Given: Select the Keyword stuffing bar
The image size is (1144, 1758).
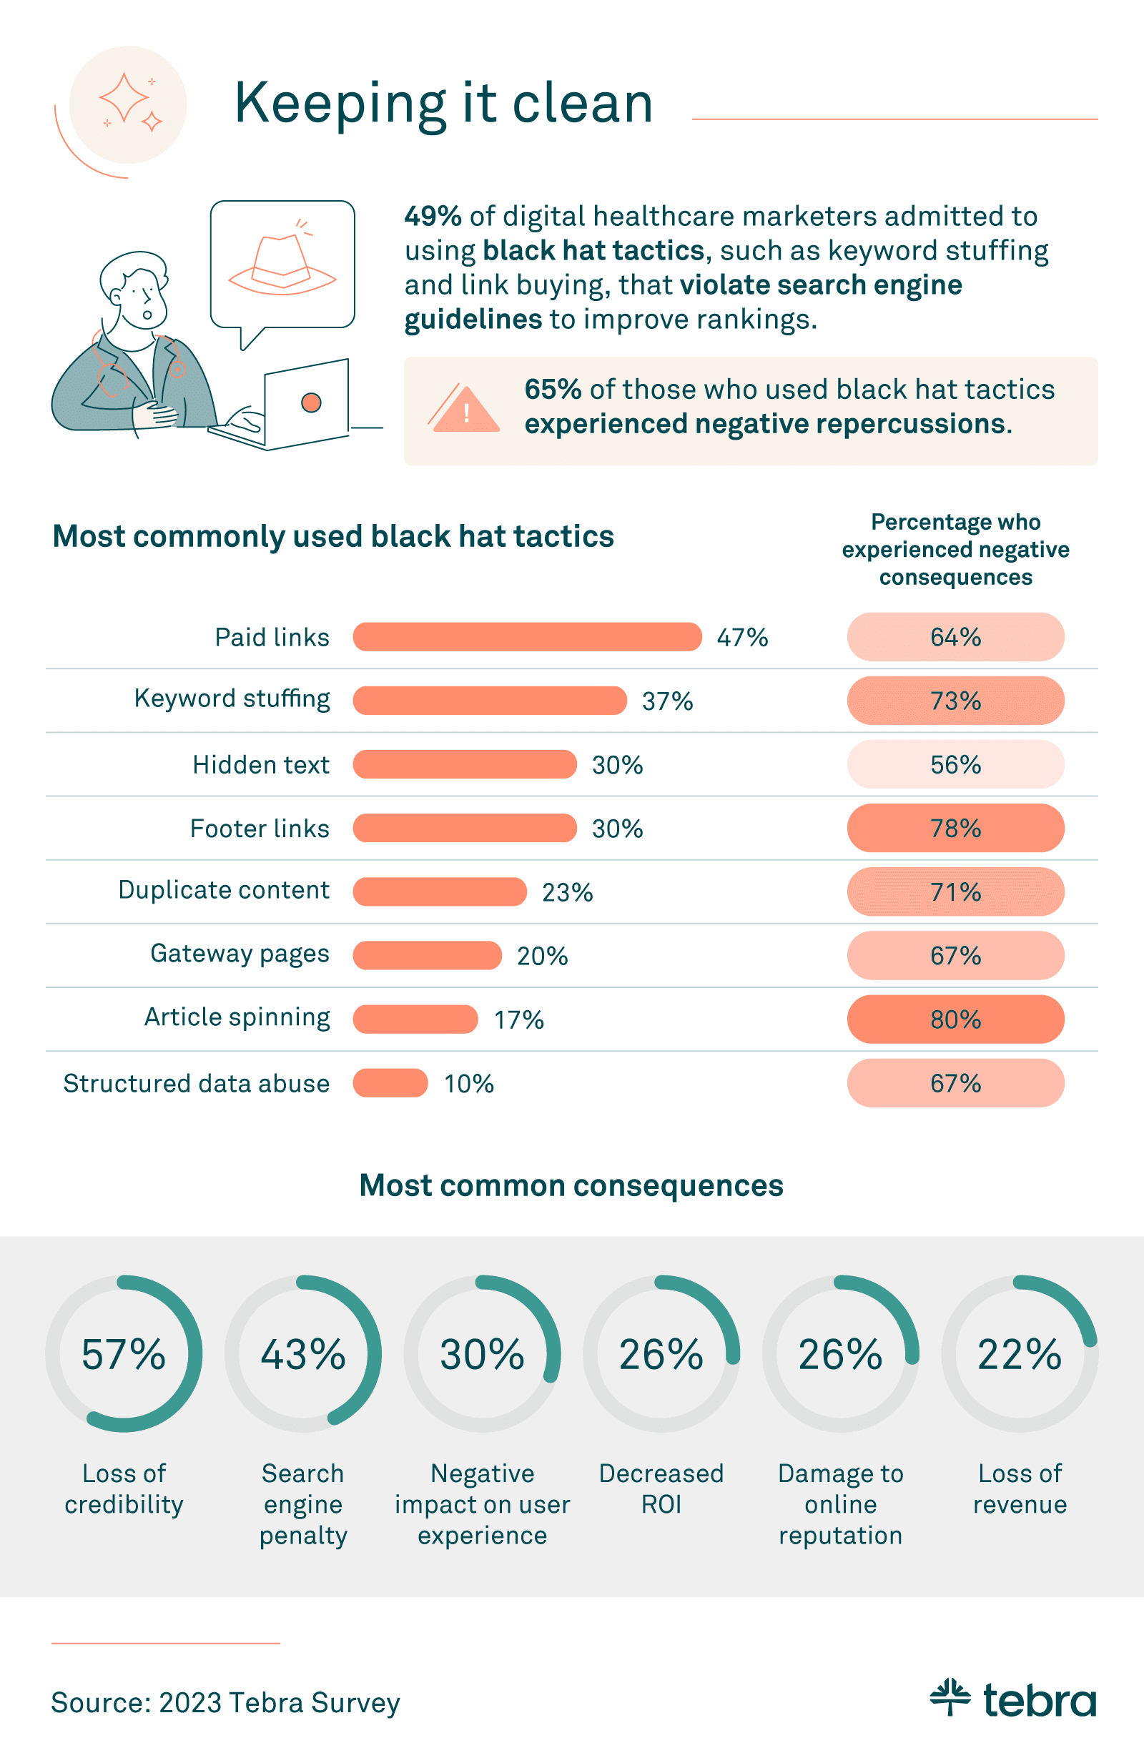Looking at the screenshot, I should point(489,700).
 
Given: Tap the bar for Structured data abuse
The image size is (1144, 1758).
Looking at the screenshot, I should point(390,1083).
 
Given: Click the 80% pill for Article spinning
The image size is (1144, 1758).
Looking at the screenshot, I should point(955,1019).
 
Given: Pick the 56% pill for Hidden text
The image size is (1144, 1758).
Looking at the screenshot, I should point(955,764).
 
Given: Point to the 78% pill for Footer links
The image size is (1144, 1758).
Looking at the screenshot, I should point(955,828).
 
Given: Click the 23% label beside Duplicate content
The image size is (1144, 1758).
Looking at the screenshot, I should point(567,892).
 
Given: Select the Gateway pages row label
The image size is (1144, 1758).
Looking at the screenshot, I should point(240,954).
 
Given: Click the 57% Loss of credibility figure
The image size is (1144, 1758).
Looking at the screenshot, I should point(123,1354).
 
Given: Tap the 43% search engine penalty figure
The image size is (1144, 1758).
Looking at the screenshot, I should point(302,1354).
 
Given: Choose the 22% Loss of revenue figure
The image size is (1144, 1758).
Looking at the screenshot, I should point(1019,1354).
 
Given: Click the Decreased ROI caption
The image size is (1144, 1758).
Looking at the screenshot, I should point(661,1488).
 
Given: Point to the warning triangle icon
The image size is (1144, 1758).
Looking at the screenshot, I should point(465,410).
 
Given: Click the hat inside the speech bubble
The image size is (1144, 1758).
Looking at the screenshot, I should point(282,265).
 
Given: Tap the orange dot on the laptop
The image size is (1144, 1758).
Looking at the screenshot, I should point(311,403).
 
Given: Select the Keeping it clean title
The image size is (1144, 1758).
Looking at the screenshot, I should point(443,104).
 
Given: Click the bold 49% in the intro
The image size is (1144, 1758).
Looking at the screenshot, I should point(433,217).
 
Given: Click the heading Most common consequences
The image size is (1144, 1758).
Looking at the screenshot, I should point(571,1185).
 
